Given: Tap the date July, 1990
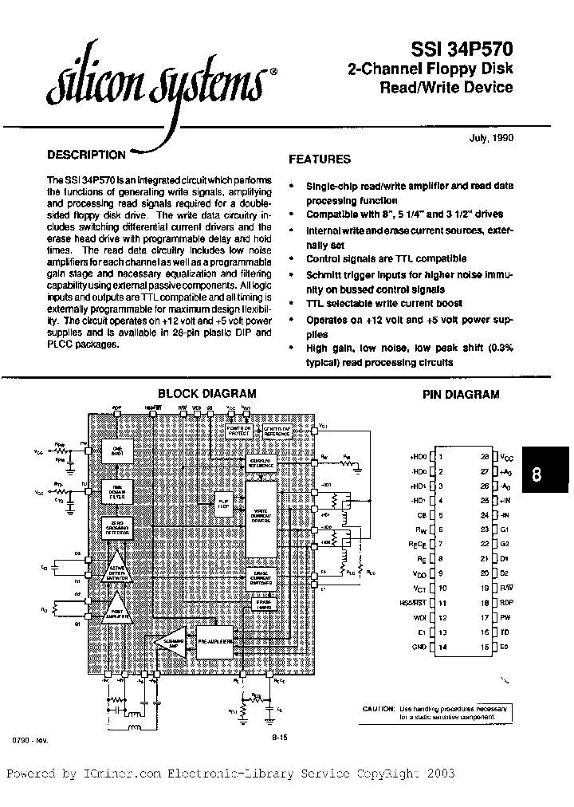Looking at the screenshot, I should (490, 137).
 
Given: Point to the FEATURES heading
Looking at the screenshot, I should (319, 159).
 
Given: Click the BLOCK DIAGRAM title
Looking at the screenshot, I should (206, 393).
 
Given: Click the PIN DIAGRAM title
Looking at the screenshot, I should (460, 394).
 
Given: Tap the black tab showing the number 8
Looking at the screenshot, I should (536, 474).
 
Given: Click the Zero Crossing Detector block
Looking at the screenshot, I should (115, 528).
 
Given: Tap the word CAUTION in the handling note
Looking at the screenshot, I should (377, 708).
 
